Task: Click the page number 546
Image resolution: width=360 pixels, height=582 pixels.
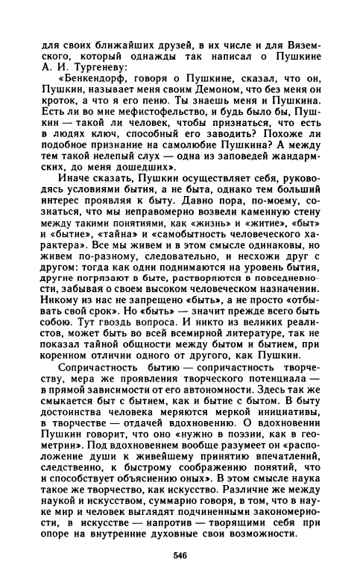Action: click(179, 554)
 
